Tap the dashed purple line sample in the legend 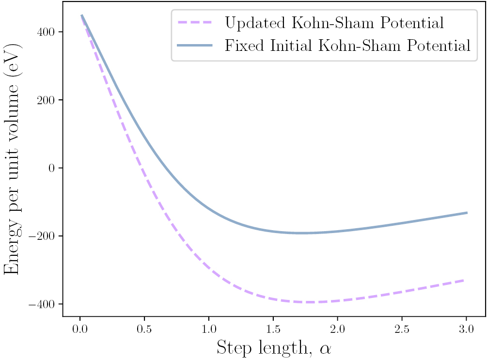[x=195, y=22]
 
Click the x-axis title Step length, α [x=274, y=348]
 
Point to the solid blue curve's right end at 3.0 [x=467, y=213]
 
